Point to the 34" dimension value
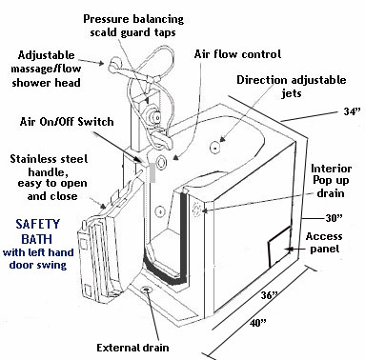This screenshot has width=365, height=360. pyautogui.click(x=352, y=110)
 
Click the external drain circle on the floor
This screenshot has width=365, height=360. pyautogui.click(x=147, y=287)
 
